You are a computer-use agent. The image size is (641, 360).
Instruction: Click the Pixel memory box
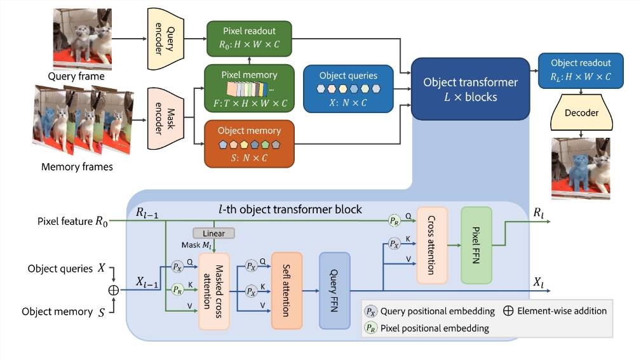tap(249, 88)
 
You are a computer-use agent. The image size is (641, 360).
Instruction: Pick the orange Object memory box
tap(249, 143)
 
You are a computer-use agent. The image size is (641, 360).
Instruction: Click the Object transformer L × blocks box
tap(470, 89)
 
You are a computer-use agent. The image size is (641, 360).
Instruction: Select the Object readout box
tap(580, 70)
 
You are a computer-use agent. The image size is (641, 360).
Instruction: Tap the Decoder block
tap(581, 112)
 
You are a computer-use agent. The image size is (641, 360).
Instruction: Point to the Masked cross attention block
tap(213, 291)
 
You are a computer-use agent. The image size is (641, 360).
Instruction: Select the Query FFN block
tap(335, 290)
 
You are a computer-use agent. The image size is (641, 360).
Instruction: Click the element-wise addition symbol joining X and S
tap(114, 290)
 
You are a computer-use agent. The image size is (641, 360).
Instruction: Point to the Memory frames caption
tap(76, 167)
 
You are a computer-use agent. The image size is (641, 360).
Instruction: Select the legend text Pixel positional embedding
tap(435, 328)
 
